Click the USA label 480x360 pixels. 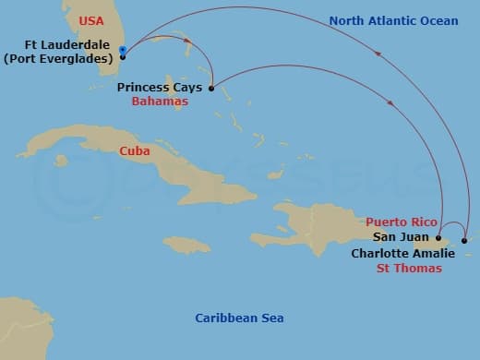click(91, 20)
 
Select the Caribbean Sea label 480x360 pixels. click(239, 318)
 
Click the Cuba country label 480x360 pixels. click(135, 150)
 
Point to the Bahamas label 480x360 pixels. click(164, 102)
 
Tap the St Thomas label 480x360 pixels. click(408, 269)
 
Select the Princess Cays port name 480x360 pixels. click(160, 88)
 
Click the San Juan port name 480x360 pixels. click(398, 237)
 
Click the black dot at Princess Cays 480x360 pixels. click(212, 89)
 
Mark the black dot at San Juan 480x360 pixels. click(438, 237)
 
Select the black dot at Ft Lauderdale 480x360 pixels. click(123, 54)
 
